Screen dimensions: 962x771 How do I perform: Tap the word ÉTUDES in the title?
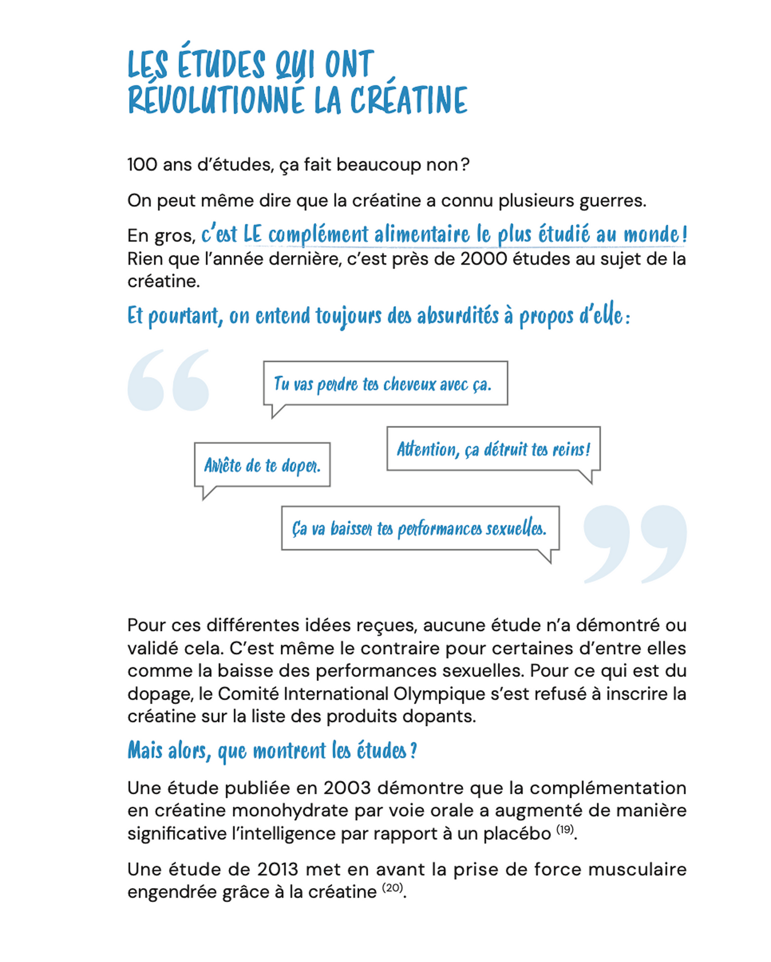tap(221, 64)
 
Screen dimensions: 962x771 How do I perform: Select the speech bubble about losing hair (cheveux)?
tap(385, 383)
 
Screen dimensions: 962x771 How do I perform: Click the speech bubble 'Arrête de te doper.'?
tap(262, 465)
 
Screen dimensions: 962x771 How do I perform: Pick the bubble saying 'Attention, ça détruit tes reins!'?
tap(493, 449)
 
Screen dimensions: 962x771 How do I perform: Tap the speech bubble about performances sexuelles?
tap(420, 528)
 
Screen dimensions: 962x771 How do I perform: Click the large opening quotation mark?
tap(168, 380)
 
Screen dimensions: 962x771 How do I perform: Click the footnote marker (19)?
tap(565, 829)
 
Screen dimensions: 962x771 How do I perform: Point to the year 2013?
tap(277, 869)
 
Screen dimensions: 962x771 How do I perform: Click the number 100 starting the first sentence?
tap(142, 164)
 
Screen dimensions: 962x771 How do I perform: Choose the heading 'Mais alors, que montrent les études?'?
tap(272, 750)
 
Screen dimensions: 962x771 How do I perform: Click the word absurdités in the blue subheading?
tap(458, 316)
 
